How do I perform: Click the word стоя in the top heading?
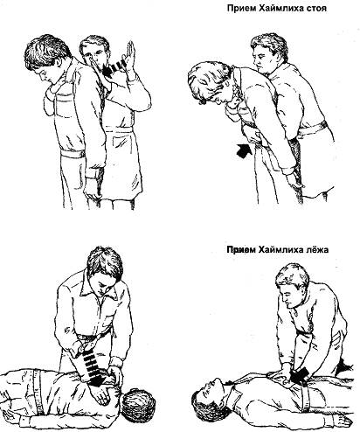point(317,9)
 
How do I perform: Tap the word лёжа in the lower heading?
point(317,250)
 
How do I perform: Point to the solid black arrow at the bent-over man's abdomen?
point(244,150)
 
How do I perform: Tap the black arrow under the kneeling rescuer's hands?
point(301,374)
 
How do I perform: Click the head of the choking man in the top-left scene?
point(48,59)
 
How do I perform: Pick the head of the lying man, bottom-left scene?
point(138,405)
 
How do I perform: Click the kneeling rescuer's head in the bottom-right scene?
point(291,283)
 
